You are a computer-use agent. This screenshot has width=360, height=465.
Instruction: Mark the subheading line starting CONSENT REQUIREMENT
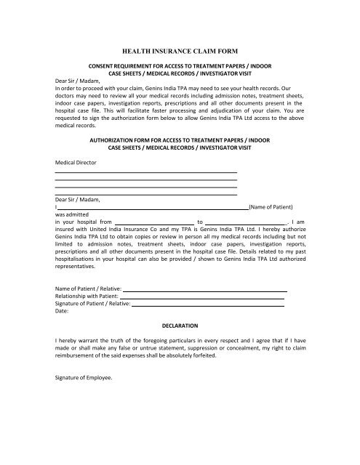click(179, 65)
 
